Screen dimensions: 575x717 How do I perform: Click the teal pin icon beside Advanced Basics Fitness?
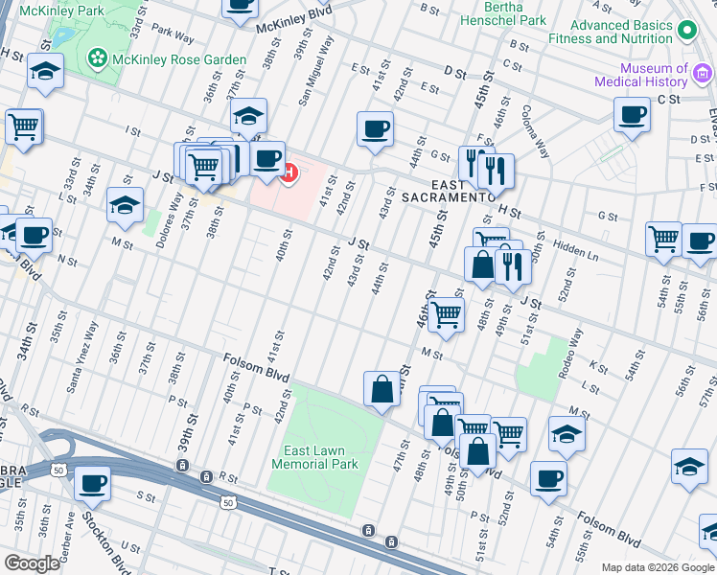tap(685, 32)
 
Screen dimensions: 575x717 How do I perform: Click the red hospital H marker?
tap(289, 172)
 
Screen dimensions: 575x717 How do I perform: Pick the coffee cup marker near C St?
tap(632, 115)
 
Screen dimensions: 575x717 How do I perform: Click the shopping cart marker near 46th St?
tap(446, 314)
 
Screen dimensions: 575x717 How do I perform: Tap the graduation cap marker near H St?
tap(45, 71)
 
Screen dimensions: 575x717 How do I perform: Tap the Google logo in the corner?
tap(32, 563)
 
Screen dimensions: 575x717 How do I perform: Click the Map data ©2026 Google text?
tap(657, 567)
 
